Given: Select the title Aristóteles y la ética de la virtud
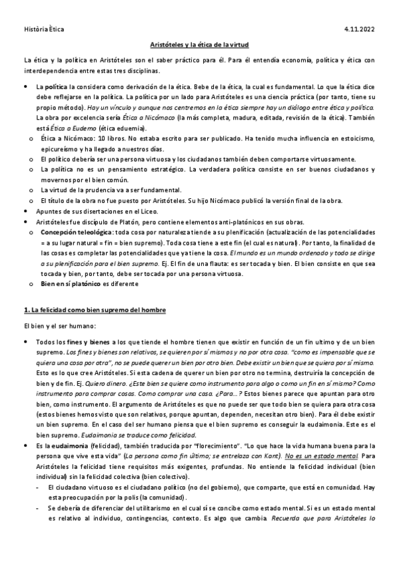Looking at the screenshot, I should click(x=199, y=44).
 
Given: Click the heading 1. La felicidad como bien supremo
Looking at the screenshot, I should click(x=94, y=311).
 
